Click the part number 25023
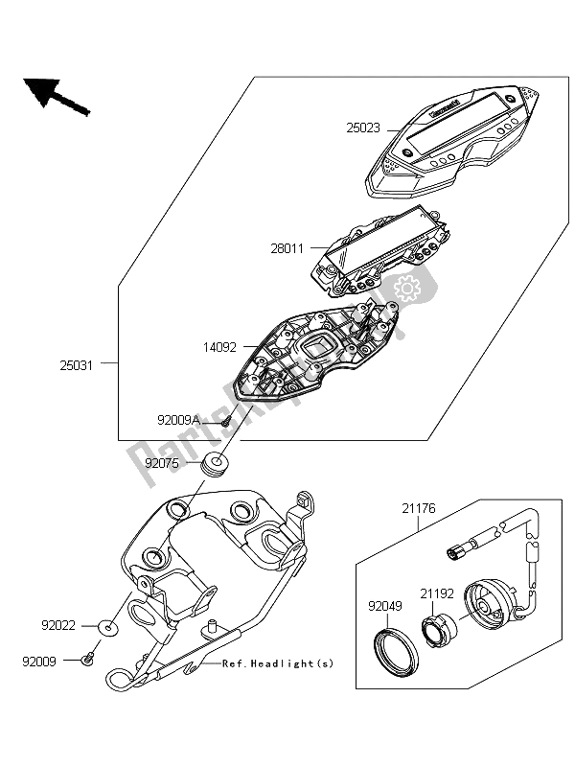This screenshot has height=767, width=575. coord(363,127)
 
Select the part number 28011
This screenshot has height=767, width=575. coord(287,247)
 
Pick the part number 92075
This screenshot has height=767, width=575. coord(163,462)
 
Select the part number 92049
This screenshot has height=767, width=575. coord(382,605)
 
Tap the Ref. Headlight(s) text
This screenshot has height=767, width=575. coord(277,663)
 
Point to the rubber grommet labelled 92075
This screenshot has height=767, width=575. coord(217,467)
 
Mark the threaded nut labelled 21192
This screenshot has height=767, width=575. coord(440,628)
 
